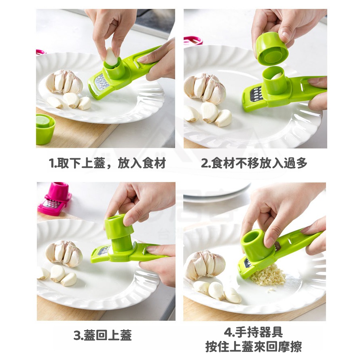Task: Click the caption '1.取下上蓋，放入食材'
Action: coord(107,163)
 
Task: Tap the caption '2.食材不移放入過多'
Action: coord(254,163)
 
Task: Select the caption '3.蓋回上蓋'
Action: coord(103,335)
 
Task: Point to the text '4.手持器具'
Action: coord(254,332)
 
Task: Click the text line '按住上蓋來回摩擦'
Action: coord(254,347)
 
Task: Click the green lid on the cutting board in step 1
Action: coord(45,128)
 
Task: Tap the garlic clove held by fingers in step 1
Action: coord(112,57)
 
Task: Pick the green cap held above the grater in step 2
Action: coord(271,49)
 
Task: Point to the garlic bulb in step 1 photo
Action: coord(64,82)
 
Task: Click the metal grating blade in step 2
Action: coord(256,94)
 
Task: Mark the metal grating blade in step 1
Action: coord(102,82)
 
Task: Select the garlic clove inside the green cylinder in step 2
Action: coord(276,76)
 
